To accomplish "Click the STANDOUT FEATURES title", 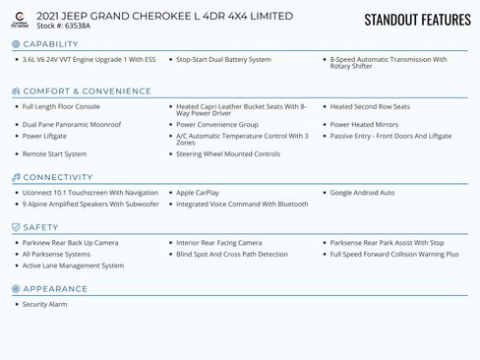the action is click(x=417, y=20).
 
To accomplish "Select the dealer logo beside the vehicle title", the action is click(x=20, y=20).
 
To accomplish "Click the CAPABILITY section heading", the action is click(x=50, y=44).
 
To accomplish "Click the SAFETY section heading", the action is click(x=40, y=227).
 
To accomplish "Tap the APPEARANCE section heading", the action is click(x=54, y=289).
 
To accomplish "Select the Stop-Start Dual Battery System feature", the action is click(x=223, y=59).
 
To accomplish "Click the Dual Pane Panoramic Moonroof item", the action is click(x=72, y=125).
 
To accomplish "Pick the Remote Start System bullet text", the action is click(x=55, y=153).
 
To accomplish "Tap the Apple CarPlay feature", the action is click(x=199, y=193).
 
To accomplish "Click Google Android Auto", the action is click(x=362, y=193).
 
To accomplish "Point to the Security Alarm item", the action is click(x=45, y=304).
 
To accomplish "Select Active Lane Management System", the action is click(x=74, y=266).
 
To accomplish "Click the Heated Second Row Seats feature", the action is click(x=370, y=106).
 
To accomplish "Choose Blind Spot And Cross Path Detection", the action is click(x=232, y=254).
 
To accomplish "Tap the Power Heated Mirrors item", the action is click(x=364, y=125).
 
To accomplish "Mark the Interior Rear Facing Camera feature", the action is click(x=219, y=242).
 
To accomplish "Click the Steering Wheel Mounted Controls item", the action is click(x=228, y=153).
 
